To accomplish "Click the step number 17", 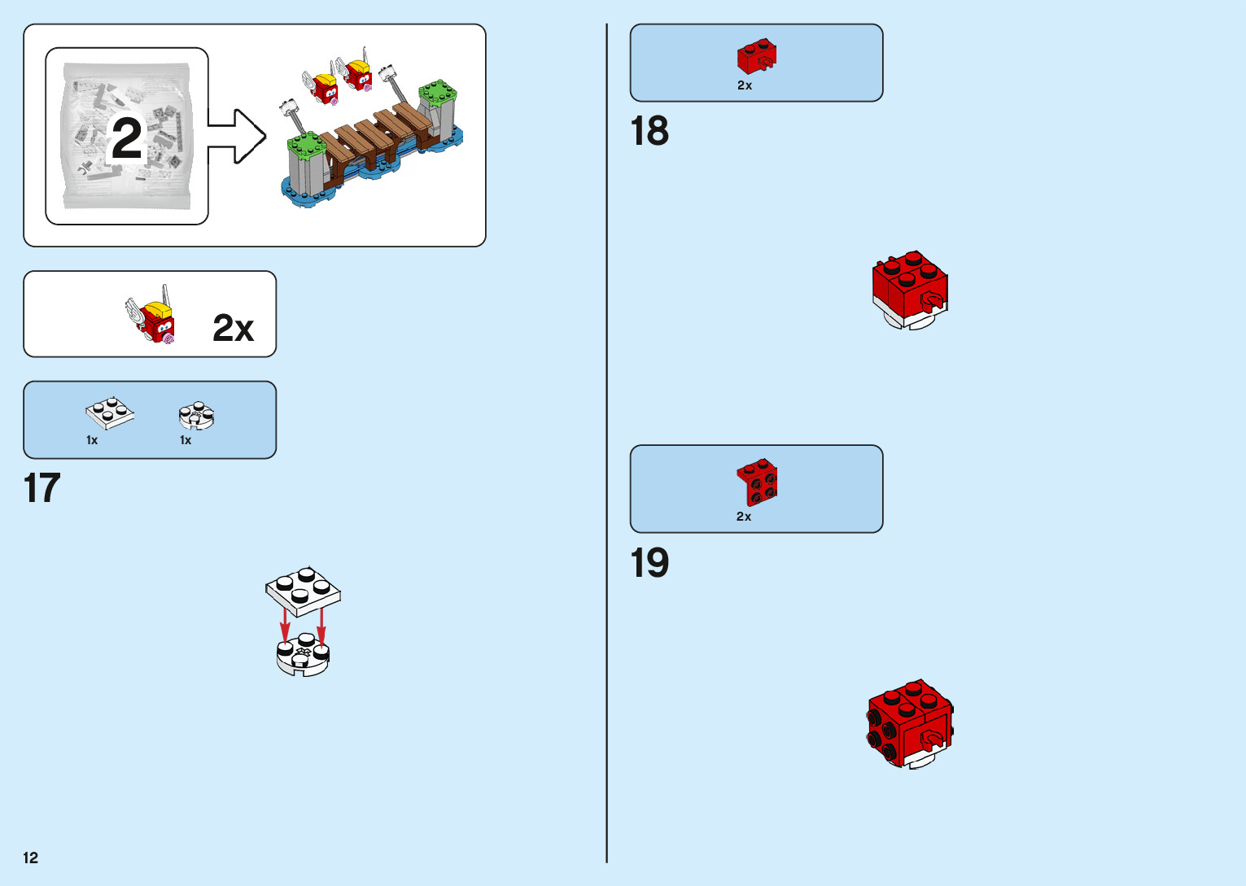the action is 42,488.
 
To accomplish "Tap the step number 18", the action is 649,131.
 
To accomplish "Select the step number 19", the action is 649,563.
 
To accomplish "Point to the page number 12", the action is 31,858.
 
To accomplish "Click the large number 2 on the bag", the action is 126,138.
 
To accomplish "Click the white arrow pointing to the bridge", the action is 236,136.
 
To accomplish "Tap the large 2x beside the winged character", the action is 233,328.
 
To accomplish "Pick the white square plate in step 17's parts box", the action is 110,412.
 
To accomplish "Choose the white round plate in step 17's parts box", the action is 196,416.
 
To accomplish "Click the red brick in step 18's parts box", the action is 756,56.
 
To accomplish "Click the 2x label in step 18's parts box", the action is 745,85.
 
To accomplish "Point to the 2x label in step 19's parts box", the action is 744,517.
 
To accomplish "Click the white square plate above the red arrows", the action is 303,590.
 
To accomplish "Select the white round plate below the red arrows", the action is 303,656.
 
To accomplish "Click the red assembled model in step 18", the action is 910,289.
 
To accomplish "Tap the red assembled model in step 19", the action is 910,723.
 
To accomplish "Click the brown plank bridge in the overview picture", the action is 374,134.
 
